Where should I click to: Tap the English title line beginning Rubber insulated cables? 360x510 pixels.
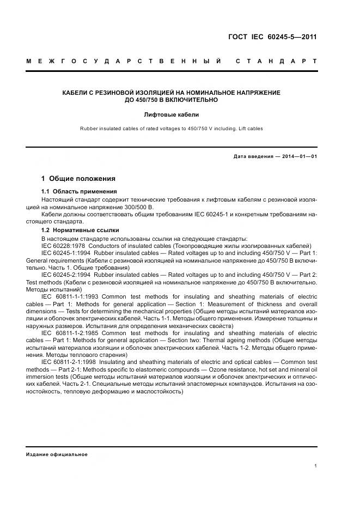(x=171, y=129)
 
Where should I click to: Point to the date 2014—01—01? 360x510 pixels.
(x=298, y=157)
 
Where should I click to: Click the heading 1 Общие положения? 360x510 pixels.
(x=78, y=178)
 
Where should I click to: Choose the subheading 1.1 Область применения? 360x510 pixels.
(x=80, y=191)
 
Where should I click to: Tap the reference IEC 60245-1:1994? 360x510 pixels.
(x=65, y=253)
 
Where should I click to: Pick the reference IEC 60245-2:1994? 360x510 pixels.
(x=65, y=275)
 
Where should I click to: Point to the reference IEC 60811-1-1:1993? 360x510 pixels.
(x=70, y=295)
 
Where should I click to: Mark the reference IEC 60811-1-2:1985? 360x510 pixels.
(x=70, y=332)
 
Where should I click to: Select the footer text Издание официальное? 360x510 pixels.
(x=57, y=454)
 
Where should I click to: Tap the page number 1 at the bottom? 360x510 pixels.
(x=315, y=466)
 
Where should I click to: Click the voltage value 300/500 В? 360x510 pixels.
(x=140, y=207)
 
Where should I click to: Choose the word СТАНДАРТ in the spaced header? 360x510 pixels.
(x=276, y=61)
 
